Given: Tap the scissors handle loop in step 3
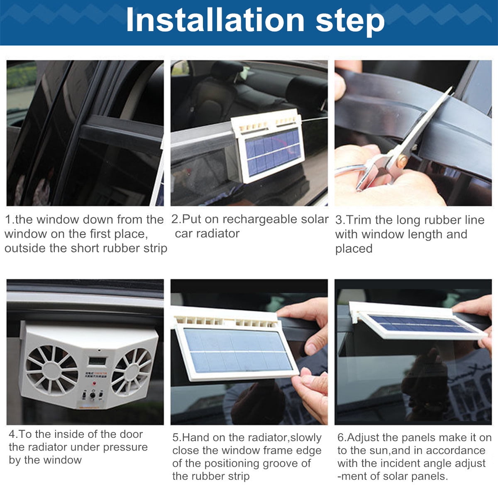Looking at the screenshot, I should click(349, 170).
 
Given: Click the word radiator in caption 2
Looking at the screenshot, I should click(219, 234).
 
